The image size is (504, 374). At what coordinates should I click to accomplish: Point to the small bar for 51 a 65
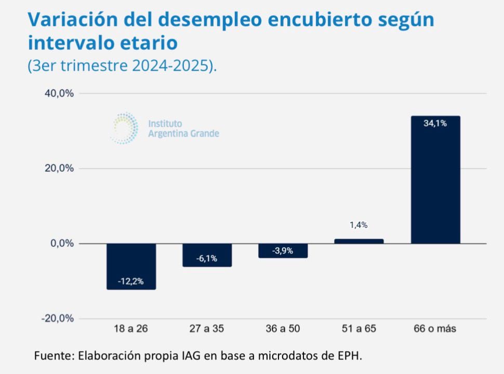click(359, 241)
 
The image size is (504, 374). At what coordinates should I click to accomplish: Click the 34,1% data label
click(435, 124)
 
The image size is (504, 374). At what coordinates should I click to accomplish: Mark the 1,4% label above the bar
click(359, 225)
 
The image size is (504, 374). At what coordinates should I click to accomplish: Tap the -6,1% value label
click(207, 259)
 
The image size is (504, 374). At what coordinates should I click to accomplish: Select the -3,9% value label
click(283, 250)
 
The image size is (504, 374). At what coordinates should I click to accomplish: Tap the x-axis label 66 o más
click(435, 329)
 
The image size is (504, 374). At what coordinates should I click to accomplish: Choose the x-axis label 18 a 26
click(130, 329)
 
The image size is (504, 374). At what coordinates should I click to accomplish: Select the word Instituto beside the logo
click(165, 124)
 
